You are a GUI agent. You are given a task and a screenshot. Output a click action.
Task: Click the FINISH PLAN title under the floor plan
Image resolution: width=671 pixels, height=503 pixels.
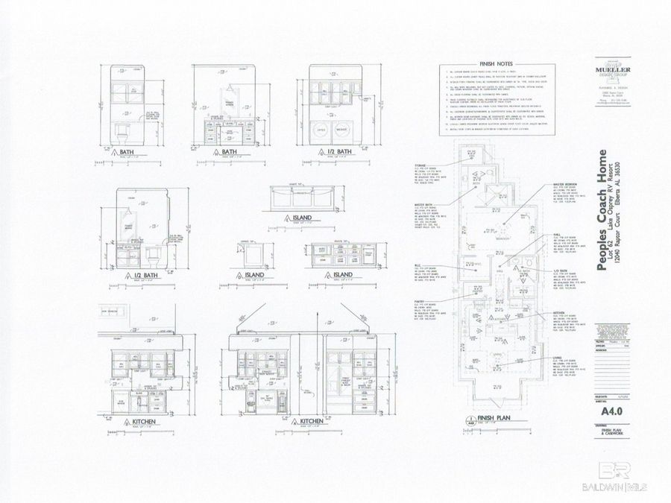pyautogui.click(x=491, y=419)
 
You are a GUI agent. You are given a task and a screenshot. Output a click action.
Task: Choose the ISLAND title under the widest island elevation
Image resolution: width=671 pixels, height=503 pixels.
pyautogui.click(x=302, y=219)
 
